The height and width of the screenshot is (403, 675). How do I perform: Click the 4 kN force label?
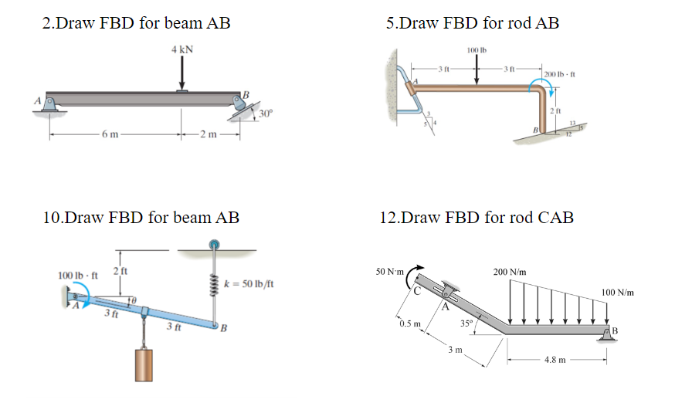[182, 49]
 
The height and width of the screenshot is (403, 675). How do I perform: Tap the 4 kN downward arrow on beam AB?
[182, 74]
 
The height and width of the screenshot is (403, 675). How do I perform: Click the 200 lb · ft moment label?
[561, 74]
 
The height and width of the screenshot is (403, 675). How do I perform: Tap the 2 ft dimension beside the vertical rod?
[555, 113]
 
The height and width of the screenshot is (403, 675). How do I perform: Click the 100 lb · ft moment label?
[79, 275]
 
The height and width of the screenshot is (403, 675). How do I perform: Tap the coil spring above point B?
[212, 285]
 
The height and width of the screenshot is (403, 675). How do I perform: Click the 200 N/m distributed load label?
[510, 272]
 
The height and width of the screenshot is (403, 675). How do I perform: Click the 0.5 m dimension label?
[411, 323]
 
